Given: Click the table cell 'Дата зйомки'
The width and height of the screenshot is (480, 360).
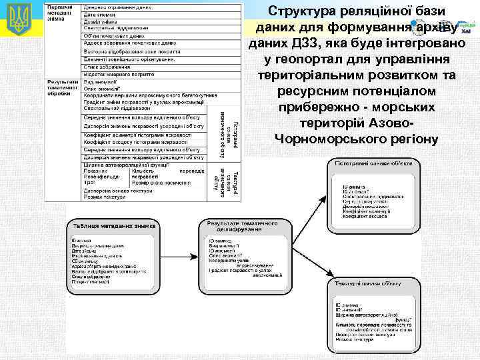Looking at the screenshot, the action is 100,14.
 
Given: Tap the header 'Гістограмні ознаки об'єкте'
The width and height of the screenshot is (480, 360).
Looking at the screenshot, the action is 374,163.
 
